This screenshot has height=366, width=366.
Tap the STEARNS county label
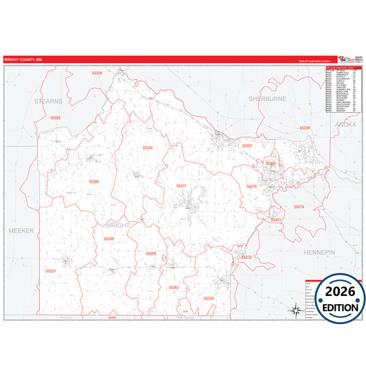click(x=49, y=100)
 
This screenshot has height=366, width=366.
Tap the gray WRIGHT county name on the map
click(x=117, y=225)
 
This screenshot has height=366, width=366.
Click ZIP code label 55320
click(x=97, y=73)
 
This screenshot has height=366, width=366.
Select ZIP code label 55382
click(x=56, y=117)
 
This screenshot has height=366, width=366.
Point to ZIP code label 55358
click(x=148, y=148)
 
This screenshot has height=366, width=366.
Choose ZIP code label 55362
click(x=247, y=146)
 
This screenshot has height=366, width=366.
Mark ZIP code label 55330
click(x=305, y=128)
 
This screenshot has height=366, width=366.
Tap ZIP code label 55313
click(x=181, y=185)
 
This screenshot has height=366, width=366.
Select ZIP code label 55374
click(x=299, y=207)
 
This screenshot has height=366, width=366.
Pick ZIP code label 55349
click(x=108, y=239)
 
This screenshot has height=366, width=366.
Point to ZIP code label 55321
click(x=51, y=271)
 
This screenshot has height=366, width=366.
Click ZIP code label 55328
click(x=209, y=299)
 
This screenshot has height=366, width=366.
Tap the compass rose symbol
click(x=295, y=310)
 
